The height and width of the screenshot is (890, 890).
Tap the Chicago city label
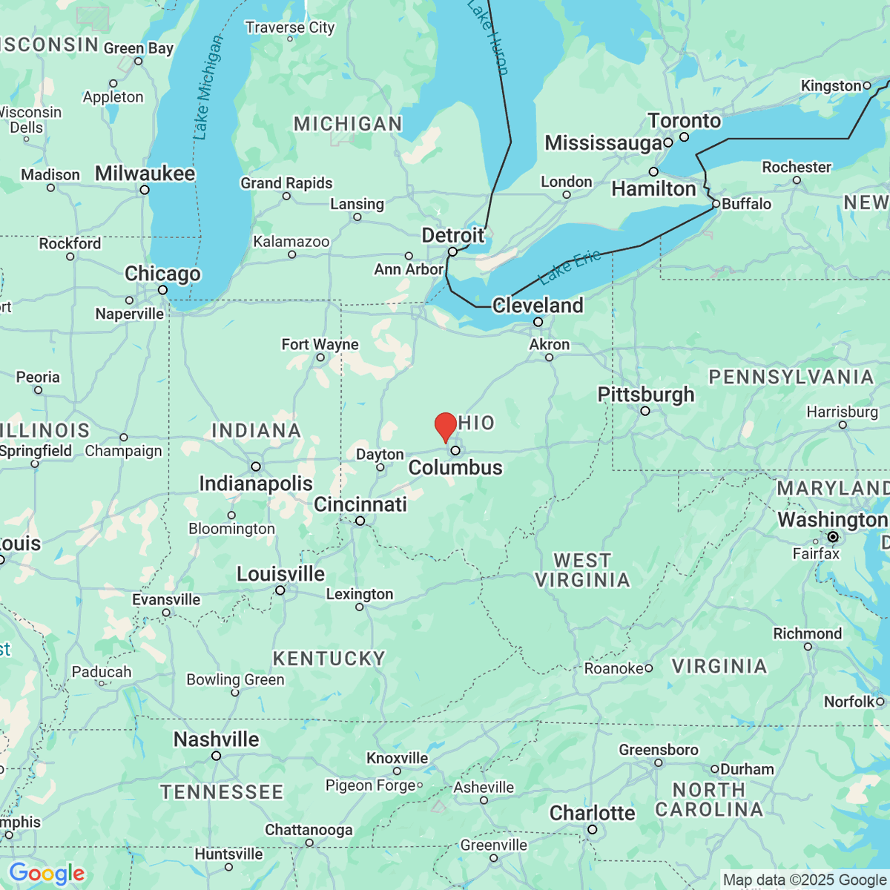click(162, 274)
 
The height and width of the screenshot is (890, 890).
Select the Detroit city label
click(452, 236)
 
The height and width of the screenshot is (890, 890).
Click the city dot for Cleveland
click(538, 322)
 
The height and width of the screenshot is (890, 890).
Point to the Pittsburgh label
click(646, 395)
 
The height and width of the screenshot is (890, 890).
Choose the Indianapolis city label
click(256, 484)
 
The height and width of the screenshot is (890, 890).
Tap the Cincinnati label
click(360, 504)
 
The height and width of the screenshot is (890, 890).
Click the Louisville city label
click(280, 574)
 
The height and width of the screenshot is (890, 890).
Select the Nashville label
click(217, 739)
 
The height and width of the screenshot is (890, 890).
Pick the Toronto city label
click(685, 121)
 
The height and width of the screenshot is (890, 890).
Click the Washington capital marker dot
click(833, 536)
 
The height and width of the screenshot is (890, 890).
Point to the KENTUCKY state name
click(329, 659)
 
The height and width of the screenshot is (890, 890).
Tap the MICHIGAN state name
click(348, 124)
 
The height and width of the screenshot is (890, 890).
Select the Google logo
click(47, 874)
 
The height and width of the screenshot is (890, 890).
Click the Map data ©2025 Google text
click(805, 880)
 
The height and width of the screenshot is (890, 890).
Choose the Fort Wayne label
click(320, 344)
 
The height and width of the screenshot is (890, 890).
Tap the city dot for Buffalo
click(716, 203)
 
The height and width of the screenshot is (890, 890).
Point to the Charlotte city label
click(592, 814)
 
